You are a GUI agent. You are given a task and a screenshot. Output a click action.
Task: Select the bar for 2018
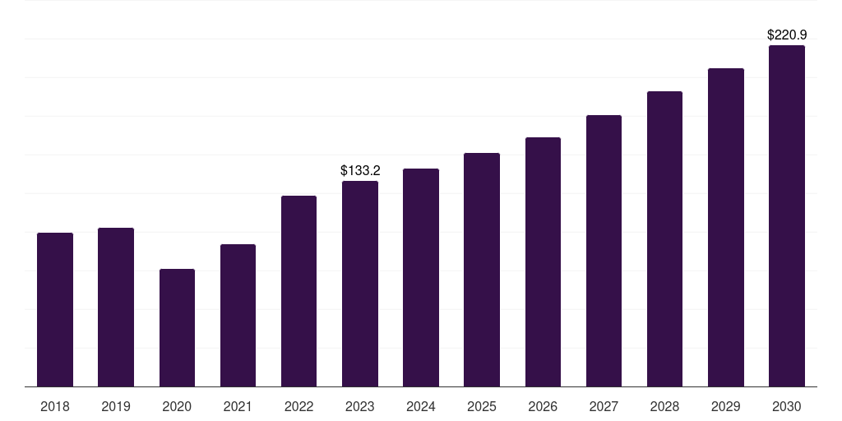[x=55, y=310]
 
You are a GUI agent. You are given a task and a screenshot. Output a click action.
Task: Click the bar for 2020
[x=177, y=328]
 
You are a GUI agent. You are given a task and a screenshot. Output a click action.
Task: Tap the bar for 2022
[x=298, y=291]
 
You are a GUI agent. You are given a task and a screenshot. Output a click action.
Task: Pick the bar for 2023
[x=360, y=284]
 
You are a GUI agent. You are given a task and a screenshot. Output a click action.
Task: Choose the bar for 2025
[x=482, y=270]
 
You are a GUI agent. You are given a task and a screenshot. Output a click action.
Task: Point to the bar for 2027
[x=604, y=251]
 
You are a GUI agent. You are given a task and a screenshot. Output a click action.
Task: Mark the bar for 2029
[x=726, y=228]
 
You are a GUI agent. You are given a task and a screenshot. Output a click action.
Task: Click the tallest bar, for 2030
[x=787, y=216]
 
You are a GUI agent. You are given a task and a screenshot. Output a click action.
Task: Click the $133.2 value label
[x=360, y=171]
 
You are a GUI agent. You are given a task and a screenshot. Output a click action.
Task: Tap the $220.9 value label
[x=787, y=35]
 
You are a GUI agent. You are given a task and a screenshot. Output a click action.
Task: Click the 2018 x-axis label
[x=55, y=406]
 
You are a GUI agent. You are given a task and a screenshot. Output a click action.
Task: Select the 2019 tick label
[x=116, y=406]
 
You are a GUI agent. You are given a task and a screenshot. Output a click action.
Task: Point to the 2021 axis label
[x=238, y=406]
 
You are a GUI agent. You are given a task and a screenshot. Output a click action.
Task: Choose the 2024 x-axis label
[x=421, y=406]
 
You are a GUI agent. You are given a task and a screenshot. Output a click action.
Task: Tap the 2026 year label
[x=543, y=406]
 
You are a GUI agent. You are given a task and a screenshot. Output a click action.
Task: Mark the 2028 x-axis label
[x=664, y=406]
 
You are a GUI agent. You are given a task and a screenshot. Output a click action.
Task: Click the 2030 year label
[x=787, y=406]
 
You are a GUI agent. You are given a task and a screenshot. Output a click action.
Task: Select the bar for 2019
[x=116, y=308]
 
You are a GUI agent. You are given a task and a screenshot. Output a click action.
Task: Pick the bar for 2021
[x=238, y=316]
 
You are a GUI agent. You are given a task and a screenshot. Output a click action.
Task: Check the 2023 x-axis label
[x=360, y=406]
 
